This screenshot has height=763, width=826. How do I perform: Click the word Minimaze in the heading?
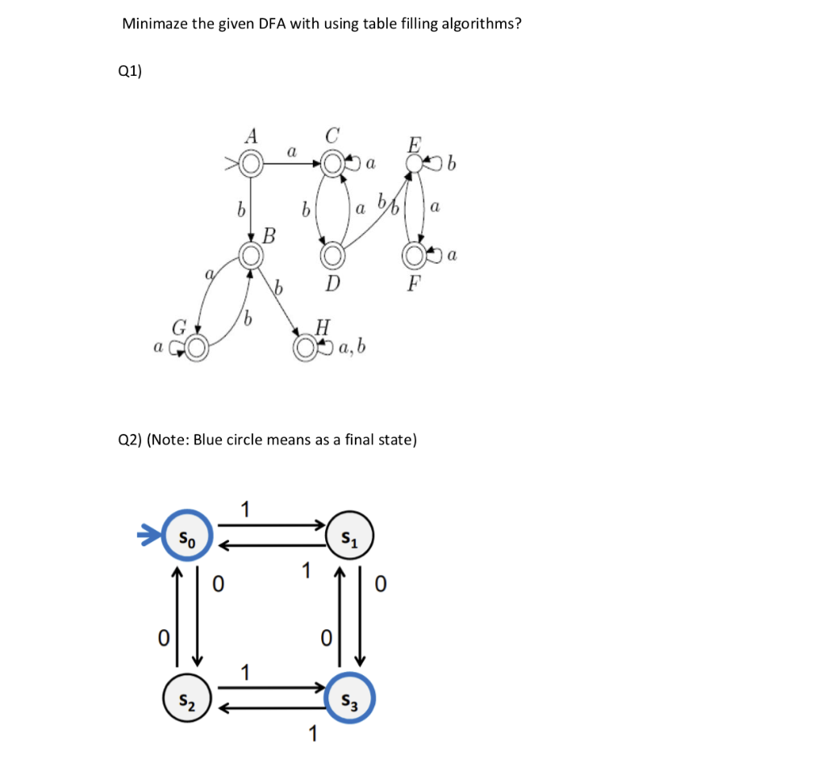click(155, 23)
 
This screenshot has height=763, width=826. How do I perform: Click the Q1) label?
click(129, 71)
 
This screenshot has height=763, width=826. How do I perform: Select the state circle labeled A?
click(251, 165)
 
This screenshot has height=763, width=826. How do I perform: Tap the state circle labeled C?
click(332, 165)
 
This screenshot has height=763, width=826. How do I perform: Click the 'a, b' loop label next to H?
click(353, 348)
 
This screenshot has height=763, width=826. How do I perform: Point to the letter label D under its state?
click(332, 284)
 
